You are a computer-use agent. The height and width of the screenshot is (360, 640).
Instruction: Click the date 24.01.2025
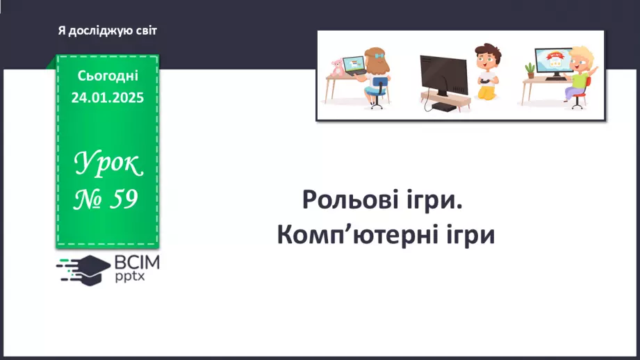(x=108, y=97)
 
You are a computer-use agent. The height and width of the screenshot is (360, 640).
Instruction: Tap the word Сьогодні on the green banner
(x=108, y=76)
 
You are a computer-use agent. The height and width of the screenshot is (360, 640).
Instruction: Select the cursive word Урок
(x=108, y=163)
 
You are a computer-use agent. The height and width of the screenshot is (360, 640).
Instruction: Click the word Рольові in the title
(x=354, y=199)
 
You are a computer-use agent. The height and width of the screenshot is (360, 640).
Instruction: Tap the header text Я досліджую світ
(x=107, y=31)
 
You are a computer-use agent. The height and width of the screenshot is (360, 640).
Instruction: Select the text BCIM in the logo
(x=137, y=263)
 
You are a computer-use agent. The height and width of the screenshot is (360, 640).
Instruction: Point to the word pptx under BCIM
(x=130, y=277)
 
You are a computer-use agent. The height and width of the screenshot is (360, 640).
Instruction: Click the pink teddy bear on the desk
(x=337, y=67)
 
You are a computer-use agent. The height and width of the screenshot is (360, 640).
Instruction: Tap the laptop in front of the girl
(x=354, y=66)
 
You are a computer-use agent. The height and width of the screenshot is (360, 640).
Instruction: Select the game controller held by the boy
(x=484, y=80)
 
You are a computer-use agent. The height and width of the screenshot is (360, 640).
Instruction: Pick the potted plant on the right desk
(x=530, y=71)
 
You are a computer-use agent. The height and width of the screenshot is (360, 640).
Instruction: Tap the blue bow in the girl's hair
(x=379, y=56)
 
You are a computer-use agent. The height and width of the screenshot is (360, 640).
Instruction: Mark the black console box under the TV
(x=443, y=107)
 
